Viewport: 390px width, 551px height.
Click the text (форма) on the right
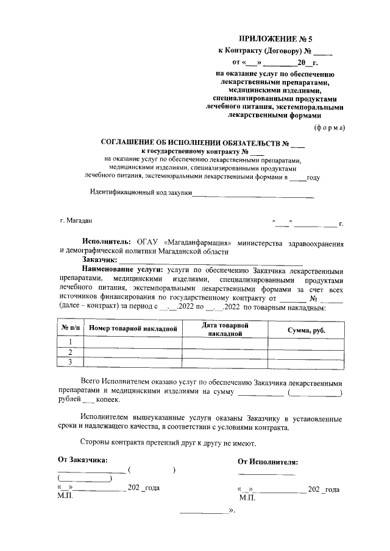(x=329, y=128)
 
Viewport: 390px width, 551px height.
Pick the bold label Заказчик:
(x=100, y=260)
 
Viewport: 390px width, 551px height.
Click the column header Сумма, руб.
(x=306, y=329)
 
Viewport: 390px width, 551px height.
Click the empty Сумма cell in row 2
(x=306, y=353)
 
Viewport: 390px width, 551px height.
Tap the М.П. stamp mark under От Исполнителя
(x=248, y=498)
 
